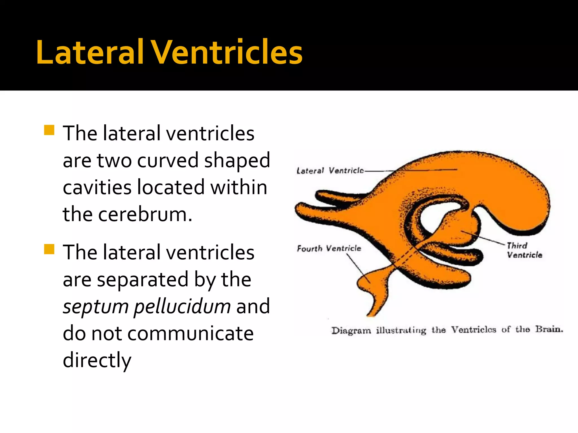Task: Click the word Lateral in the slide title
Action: (90, 52)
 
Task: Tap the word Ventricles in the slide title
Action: (227, 52)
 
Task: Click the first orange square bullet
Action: (49, 130)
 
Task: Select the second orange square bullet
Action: (49, 249)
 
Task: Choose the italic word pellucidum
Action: (182, 307)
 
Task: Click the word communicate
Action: (191, 333)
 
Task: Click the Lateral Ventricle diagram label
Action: (330, 171)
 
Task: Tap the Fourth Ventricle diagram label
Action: (329, 248)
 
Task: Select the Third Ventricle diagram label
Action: (524, 250)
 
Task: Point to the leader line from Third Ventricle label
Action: (484, 238)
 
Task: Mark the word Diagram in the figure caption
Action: (351, 330)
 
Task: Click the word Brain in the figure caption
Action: (549, 329)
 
